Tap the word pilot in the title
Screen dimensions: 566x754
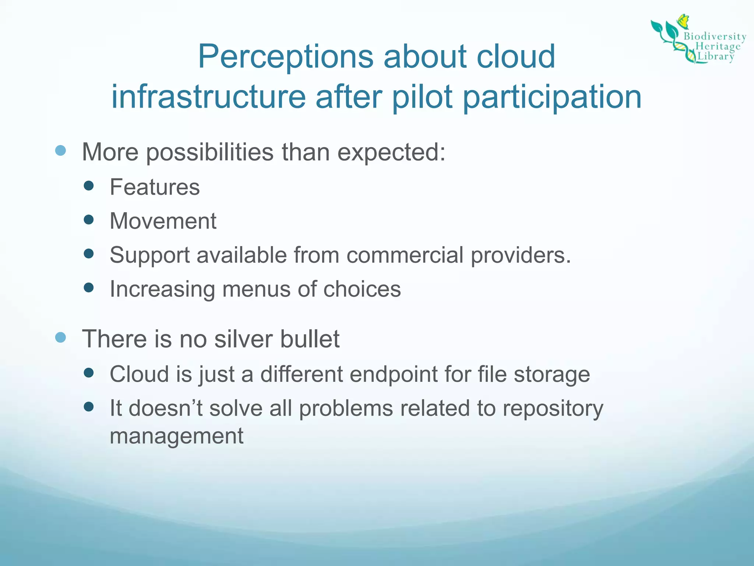(x=422, y=97)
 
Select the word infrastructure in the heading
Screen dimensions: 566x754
(x=208, y=97)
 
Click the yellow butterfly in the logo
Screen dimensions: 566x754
(x=683, y=21)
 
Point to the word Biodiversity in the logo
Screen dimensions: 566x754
(x=715, y=36)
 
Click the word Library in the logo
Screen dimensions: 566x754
(x=716, y=56)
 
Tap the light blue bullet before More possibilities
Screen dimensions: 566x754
(x=60, y=150)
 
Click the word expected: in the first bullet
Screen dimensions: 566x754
(x=391, y=152)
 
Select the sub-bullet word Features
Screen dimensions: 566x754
(x=155, y=187)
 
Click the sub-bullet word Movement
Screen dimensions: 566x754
(x=163, y=221)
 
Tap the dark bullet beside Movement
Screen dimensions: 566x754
(x=89, y=220)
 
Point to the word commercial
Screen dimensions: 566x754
(x=405, y=255)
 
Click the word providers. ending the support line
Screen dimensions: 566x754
(x=521, y=255)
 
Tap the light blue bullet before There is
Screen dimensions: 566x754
(x=60, y=337)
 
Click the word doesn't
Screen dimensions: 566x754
(x=165, y=408)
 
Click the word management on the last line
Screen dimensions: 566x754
(x=176, y=436)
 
